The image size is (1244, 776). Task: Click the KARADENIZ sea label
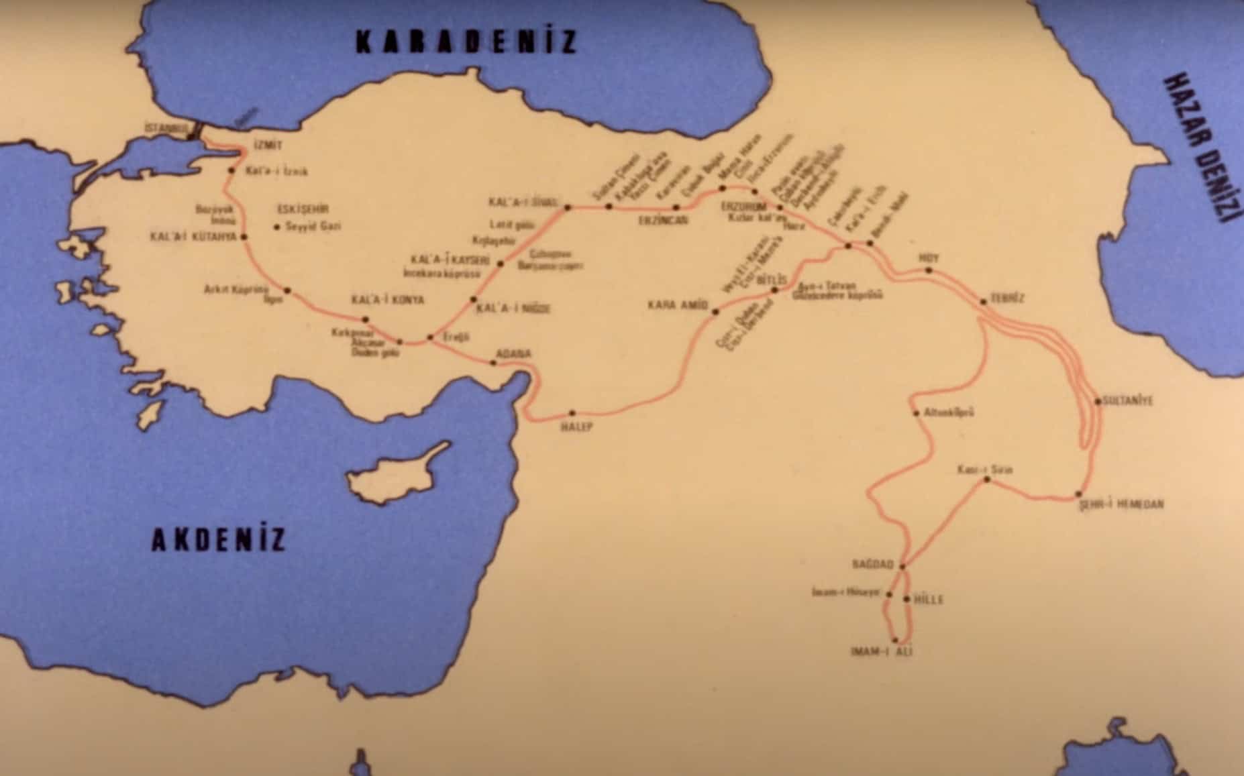[466, 42]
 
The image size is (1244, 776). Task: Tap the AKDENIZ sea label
[219, 539]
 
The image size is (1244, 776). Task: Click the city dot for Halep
[572, 413]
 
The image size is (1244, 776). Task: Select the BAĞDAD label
[872, 565]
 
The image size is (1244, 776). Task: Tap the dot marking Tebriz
[984, 302]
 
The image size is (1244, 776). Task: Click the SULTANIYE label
[1130, 401]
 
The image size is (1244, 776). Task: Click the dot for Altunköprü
[917, 413]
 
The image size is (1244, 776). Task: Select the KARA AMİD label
[678, 305]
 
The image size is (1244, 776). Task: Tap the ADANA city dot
[494, 363]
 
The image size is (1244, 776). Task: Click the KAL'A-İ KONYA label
[388, 300]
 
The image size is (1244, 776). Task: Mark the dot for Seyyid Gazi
[276, 227]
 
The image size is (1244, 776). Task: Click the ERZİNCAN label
[663, 219]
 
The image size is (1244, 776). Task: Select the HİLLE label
[929, 600]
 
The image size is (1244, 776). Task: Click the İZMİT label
[268, 146]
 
